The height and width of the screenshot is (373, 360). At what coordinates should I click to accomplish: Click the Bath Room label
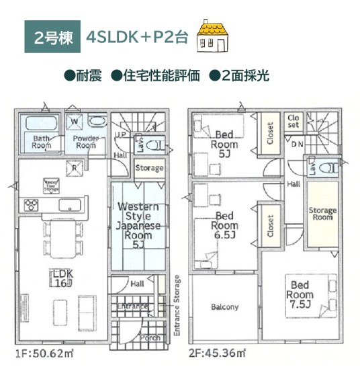click(x=42, y=141)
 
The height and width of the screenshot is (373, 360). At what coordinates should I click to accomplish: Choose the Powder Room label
click(x=85, y=141)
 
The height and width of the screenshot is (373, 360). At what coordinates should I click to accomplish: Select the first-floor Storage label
click(x=149, y=167)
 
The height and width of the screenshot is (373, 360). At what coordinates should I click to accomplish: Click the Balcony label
click(x=224, y=307)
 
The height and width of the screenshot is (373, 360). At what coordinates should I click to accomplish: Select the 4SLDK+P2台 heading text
click(x=135, y=37)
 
